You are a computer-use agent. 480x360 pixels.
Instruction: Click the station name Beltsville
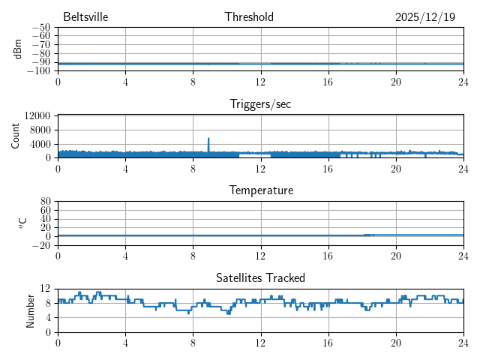86,17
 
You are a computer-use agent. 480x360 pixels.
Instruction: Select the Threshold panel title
249,17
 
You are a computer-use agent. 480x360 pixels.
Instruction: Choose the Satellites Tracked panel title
260,278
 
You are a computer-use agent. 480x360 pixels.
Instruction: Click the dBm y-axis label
18,49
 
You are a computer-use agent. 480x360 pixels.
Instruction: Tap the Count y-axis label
16,136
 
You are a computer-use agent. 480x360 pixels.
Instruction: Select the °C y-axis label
22,223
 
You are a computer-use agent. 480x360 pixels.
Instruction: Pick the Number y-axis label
31,310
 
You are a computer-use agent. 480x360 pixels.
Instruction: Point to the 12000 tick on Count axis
37,115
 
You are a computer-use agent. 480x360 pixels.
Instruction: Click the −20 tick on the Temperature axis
42,245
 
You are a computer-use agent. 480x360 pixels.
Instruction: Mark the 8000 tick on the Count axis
40,130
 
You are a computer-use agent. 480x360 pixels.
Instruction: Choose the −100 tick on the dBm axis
40,71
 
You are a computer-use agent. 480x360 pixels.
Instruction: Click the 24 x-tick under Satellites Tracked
463,341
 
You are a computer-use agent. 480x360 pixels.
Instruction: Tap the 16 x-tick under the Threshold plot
328,80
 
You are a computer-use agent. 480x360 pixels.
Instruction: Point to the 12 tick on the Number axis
46,289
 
